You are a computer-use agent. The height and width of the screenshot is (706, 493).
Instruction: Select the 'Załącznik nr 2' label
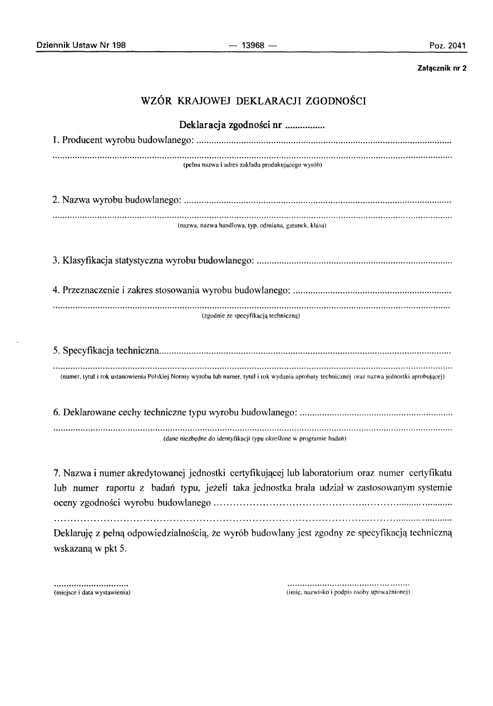(x=441, y=68)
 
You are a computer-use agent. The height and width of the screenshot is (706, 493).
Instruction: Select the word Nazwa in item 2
(x=77, y=199)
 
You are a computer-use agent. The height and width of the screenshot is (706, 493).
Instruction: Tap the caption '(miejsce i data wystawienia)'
(x=92, y=593)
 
